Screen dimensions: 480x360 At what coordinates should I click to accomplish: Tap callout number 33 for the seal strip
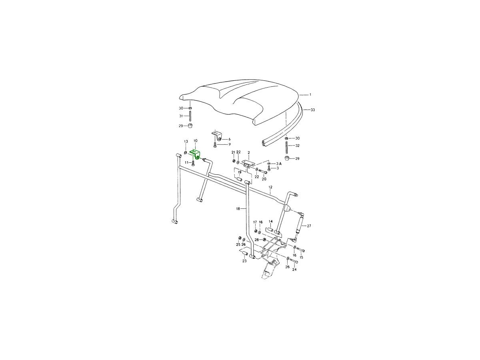click(313, 110)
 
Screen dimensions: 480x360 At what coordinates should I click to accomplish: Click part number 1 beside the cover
click(310, 95)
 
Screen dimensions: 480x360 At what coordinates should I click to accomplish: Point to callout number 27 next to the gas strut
click(309, 226)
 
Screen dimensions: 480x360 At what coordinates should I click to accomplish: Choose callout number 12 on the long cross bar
click(270, 187)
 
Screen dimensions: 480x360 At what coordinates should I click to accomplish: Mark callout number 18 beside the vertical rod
click(238, 208)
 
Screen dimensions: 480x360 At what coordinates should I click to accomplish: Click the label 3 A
click(279, 164)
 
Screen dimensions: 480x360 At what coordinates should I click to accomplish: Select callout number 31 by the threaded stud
click(181, 116)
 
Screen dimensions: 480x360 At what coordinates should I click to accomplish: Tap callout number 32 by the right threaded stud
click(297, 146)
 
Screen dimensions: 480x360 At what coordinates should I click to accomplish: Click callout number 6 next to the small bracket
click(229, 139)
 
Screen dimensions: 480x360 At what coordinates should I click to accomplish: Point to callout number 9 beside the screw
click(230, 144)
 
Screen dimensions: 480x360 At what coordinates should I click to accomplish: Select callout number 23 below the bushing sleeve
click(244, 261)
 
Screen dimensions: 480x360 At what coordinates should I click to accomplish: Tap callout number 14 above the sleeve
click(270, 222)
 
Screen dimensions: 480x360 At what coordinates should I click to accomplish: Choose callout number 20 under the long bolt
click(264, 179)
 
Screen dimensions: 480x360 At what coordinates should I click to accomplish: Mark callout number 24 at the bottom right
click(294, 270)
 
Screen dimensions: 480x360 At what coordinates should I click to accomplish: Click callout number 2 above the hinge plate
click(249, 152)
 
